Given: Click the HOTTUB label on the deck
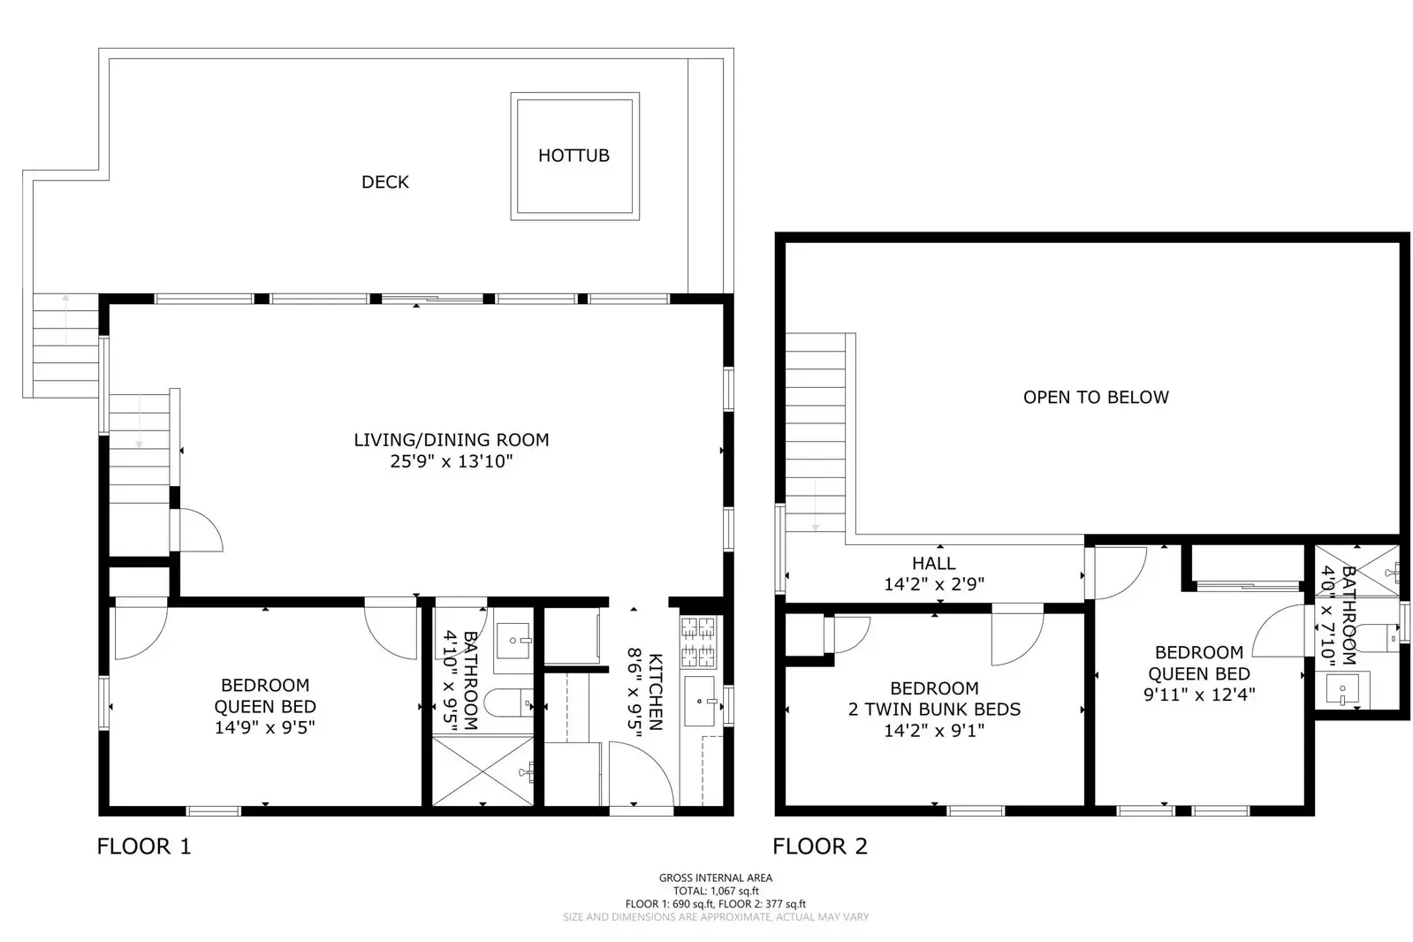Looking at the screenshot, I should [574, 156].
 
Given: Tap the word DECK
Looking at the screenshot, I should [385, 182].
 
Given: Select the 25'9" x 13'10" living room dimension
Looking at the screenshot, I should [452, 461].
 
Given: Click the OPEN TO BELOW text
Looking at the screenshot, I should [1096, 398].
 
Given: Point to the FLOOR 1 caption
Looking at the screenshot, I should [144, 847].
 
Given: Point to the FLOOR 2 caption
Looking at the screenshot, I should [820, 847].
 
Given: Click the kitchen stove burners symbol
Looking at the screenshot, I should [697, 642].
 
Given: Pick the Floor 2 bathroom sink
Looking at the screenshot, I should [1343, 688].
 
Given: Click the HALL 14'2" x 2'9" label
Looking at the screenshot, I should [934, 574].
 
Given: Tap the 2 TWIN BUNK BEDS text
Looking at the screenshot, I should [934, 710].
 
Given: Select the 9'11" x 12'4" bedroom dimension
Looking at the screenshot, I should [1198, 695].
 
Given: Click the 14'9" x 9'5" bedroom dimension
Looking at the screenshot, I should [265, 728].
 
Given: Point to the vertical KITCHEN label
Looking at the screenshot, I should [655, 692].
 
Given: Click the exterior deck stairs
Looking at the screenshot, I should [65, 345].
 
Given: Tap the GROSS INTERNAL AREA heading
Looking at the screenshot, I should [715, 877].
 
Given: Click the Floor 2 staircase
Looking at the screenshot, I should [815, 433].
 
